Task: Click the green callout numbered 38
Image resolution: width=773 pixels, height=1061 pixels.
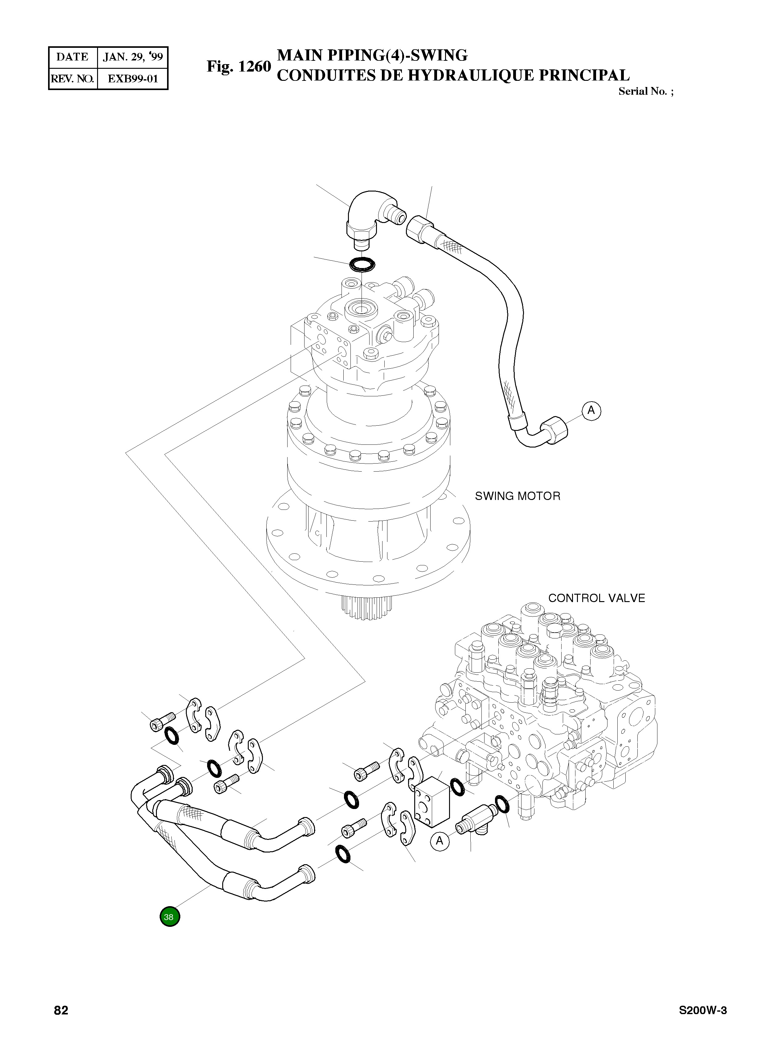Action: coord(170,917)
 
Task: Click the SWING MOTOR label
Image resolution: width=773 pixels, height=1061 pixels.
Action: coord(517,496)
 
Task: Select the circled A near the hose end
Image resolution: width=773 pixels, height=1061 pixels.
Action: coord(591,411)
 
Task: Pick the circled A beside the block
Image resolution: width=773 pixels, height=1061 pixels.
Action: coord(440,841)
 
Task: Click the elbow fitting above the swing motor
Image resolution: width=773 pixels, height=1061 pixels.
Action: coord(370,215)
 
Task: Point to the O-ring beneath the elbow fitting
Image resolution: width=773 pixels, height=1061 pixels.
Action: coord(363,265)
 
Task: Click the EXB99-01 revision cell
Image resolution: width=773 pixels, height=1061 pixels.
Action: coord(133,79)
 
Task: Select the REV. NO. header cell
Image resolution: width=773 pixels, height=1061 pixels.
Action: coord(72,79)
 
